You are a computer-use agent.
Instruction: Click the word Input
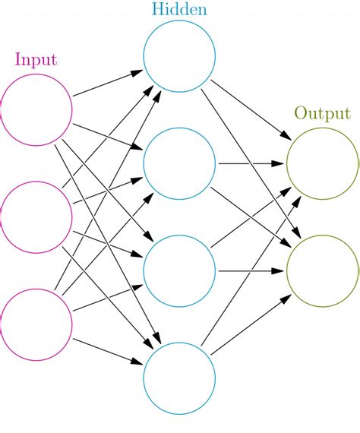(36, 59)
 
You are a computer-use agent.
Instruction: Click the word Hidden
(178, 10)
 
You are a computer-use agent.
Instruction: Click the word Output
(322, 114)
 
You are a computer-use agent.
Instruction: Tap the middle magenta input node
(36, 216)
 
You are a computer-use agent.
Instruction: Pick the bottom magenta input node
(36, 324)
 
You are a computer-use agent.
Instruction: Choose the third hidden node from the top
(179, 271)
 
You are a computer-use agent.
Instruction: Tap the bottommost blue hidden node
(179, 378)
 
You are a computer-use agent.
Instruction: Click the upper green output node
(322, 163)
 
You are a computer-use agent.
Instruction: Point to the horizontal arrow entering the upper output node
(251, 163)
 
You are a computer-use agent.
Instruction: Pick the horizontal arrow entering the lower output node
(251, 271)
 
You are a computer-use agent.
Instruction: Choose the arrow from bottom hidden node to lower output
(251, 324)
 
